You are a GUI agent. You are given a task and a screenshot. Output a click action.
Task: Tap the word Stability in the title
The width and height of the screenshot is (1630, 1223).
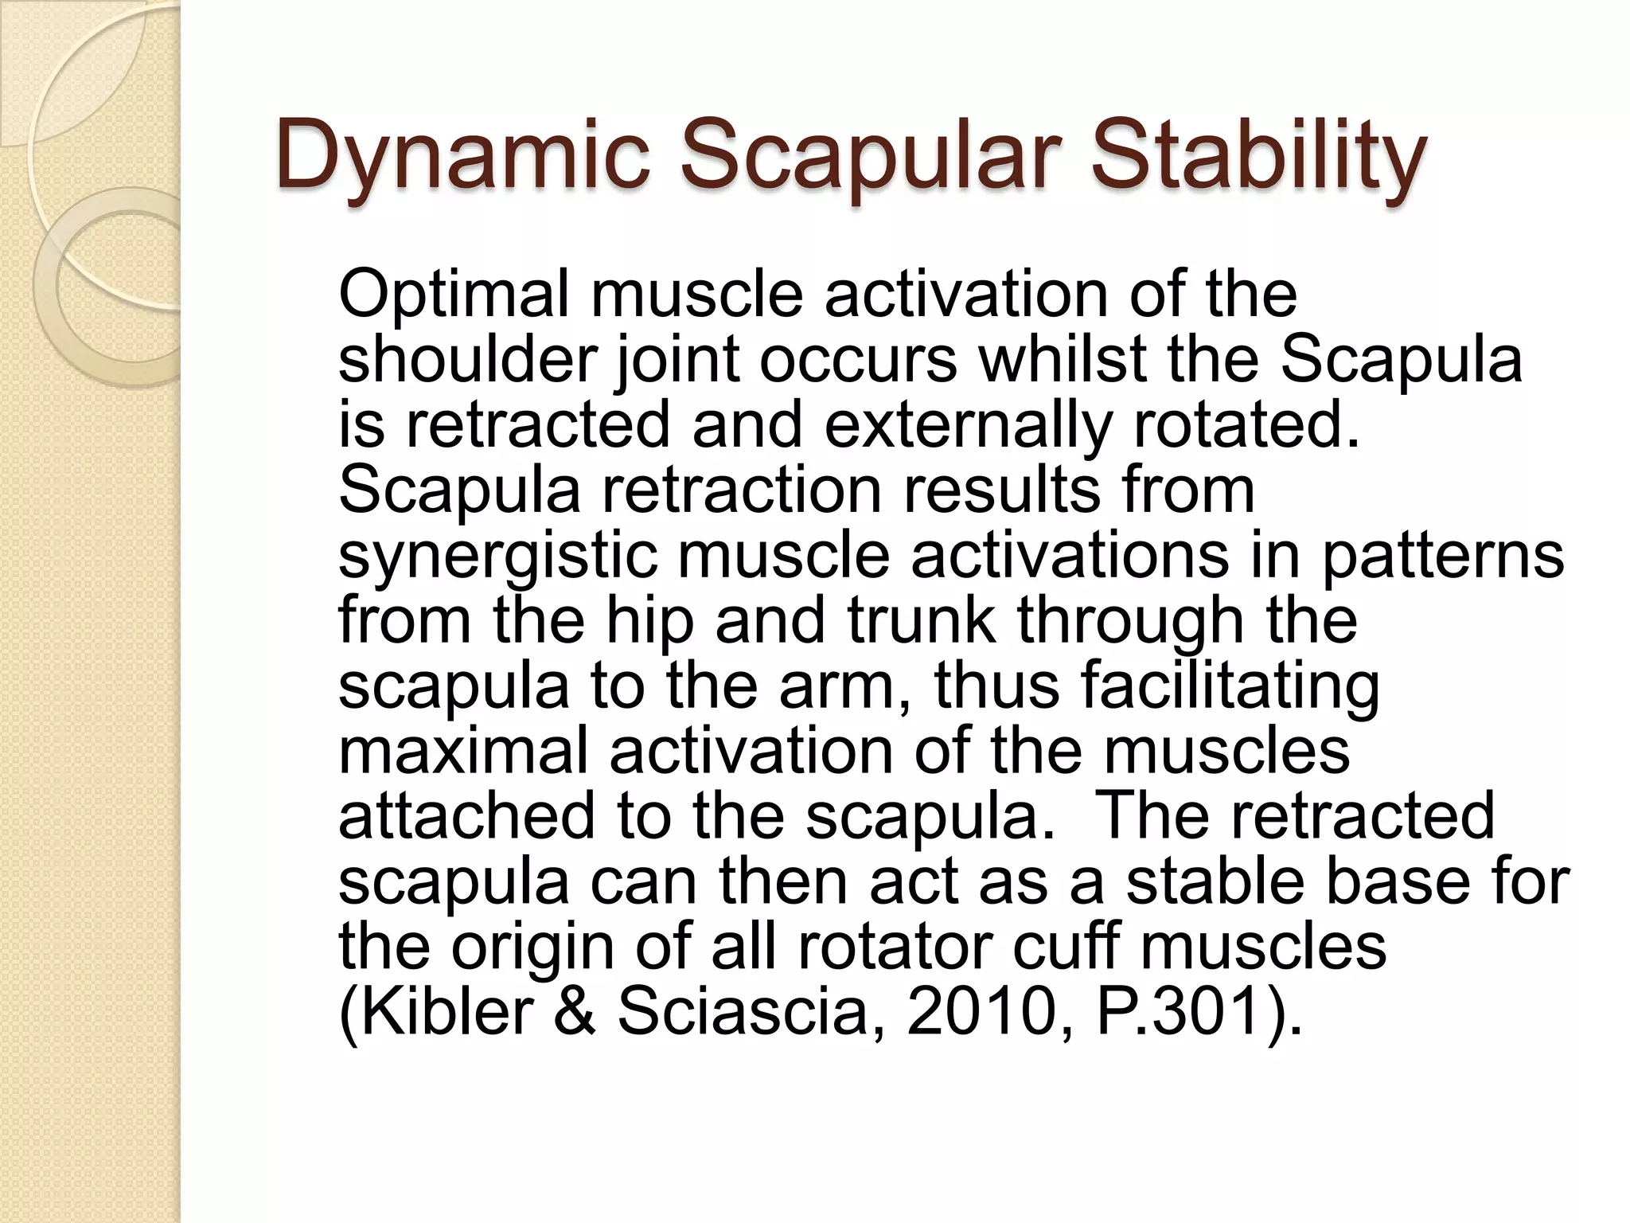coord(1258,156)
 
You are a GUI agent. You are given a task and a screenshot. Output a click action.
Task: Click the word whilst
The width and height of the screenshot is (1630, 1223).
coord(1062,360)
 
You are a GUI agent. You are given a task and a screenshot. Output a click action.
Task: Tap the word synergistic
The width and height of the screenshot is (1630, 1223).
coord(498,556)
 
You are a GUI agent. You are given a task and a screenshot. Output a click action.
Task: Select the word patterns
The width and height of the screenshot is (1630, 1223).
coord(1442,556)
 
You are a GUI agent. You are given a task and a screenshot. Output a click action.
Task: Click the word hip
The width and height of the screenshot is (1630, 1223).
coord(649,621)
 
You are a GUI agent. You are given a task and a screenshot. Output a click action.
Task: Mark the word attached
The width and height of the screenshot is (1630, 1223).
coord(466,817)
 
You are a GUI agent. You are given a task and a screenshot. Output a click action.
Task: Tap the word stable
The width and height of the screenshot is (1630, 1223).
coord(1216,882)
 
